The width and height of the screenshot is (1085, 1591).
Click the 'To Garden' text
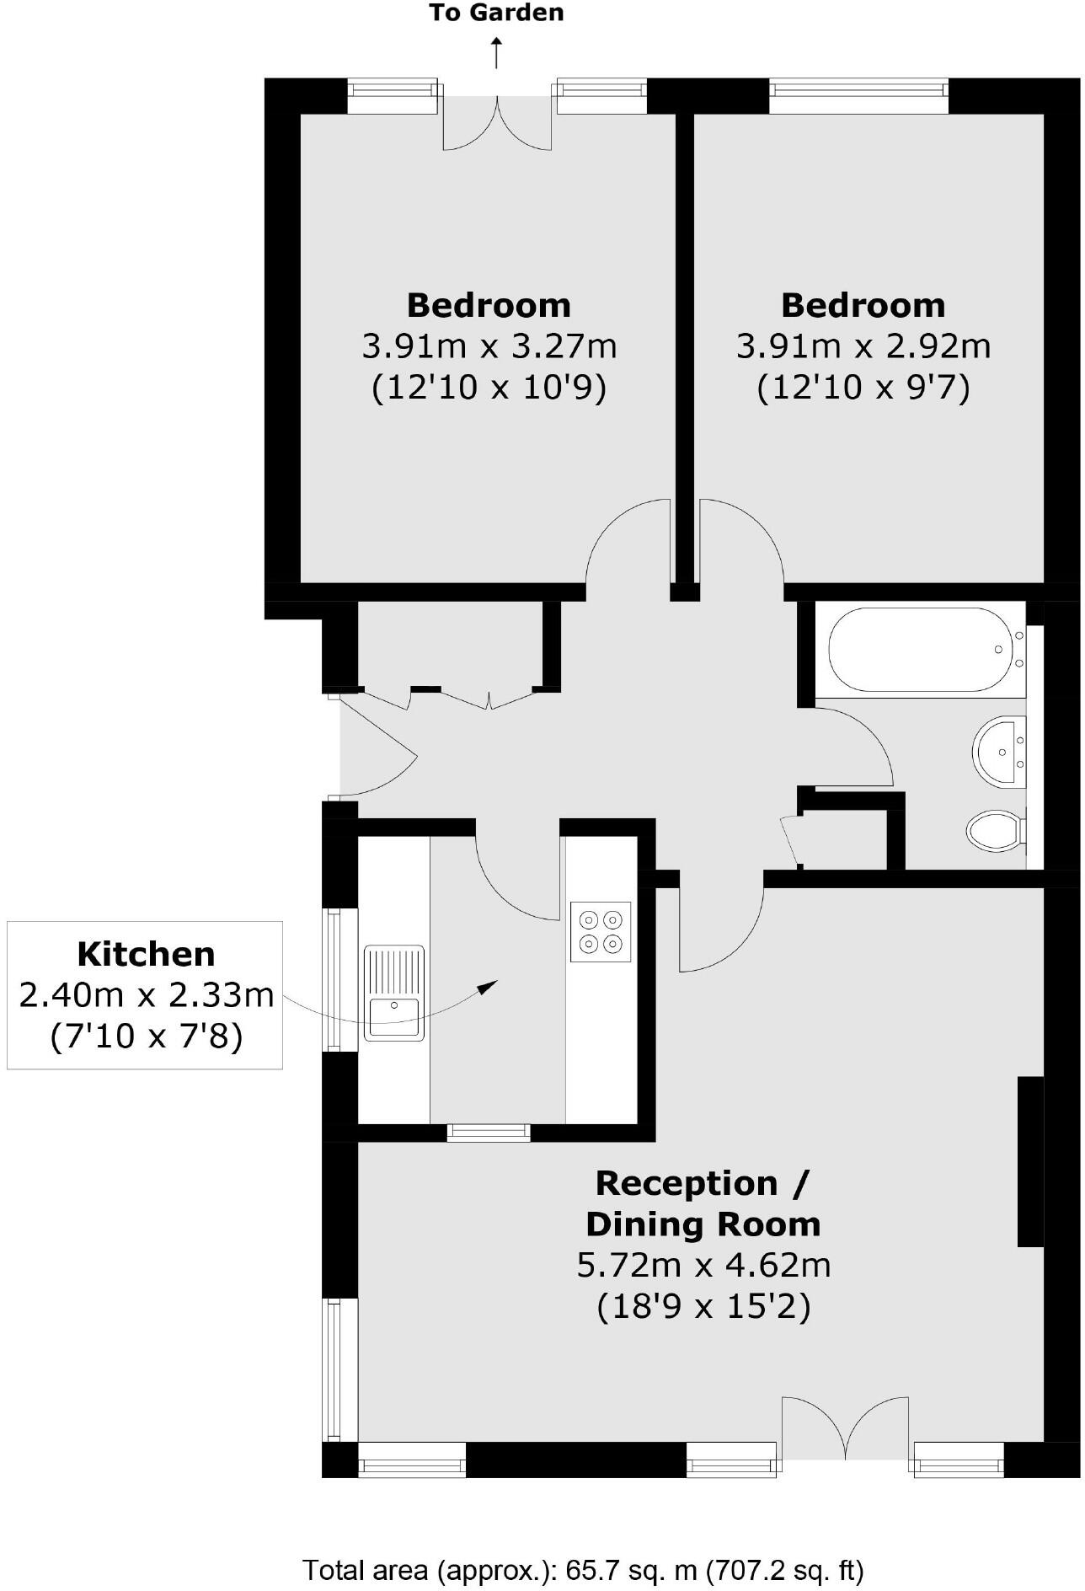click(x=496, y=13)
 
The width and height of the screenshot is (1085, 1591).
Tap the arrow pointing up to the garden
click(x=497, y=52)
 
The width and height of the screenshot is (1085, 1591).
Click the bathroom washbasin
click(x=1000, y=751)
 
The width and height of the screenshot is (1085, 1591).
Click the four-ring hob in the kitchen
click(x=601, y=931)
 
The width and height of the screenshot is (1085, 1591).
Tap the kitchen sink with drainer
click(x=394, y=993)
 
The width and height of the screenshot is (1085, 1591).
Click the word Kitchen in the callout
click(x=146, y=954)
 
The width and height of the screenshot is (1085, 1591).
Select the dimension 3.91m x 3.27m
click(x=489, y=346)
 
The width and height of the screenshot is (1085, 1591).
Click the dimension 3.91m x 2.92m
click(x=863, y=346)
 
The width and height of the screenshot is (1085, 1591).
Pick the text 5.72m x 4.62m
click(x=703, y=1265)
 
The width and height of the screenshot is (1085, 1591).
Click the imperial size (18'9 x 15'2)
click(x=703, y=1306)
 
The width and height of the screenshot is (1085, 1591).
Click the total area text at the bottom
click(x=583, y=1570)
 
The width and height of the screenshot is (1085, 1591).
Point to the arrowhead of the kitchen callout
click(x=488, y=987)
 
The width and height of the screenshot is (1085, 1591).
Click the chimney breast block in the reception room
click(x=1030, y=1160)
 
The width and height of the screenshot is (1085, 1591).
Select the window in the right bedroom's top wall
click(x=858, y=96)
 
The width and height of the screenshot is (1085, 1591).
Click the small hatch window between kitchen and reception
click(x=489, y=1133)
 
